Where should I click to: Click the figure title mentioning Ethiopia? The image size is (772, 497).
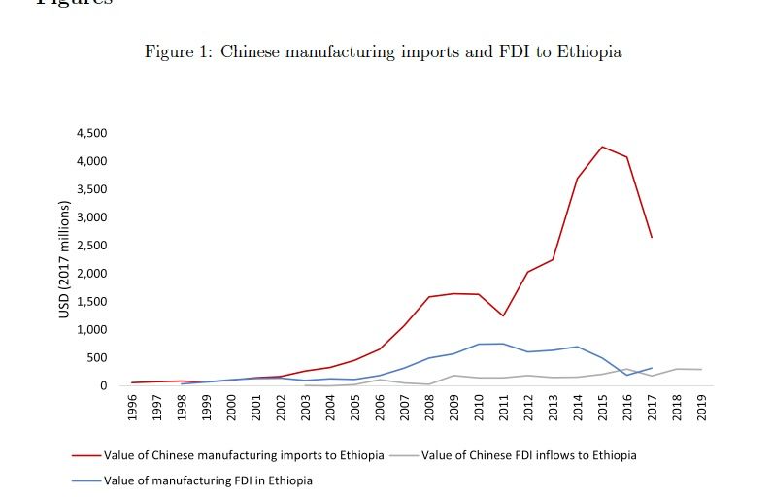point(383,52)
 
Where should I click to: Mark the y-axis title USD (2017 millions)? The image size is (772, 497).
point(65,259)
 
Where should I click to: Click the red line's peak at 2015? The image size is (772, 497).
point(602,147)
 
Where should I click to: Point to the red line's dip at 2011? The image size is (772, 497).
point(503,315)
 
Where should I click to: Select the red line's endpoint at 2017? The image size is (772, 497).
point(652,237)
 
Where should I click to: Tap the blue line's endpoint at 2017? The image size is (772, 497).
point(652,368)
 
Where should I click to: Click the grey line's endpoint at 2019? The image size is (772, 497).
point(701,370)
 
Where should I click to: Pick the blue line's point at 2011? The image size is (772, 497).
point(503,344)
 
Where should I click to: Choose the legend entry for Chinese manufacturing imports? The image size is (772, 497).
point(243,455)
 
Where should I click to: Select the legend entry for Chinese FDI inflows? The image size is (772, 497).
point(528,455)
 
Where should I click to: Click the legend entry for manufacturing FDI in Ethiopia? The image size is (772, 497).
point(208,480)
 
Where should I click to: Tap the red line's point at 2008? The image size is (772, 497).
point(429,297)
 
